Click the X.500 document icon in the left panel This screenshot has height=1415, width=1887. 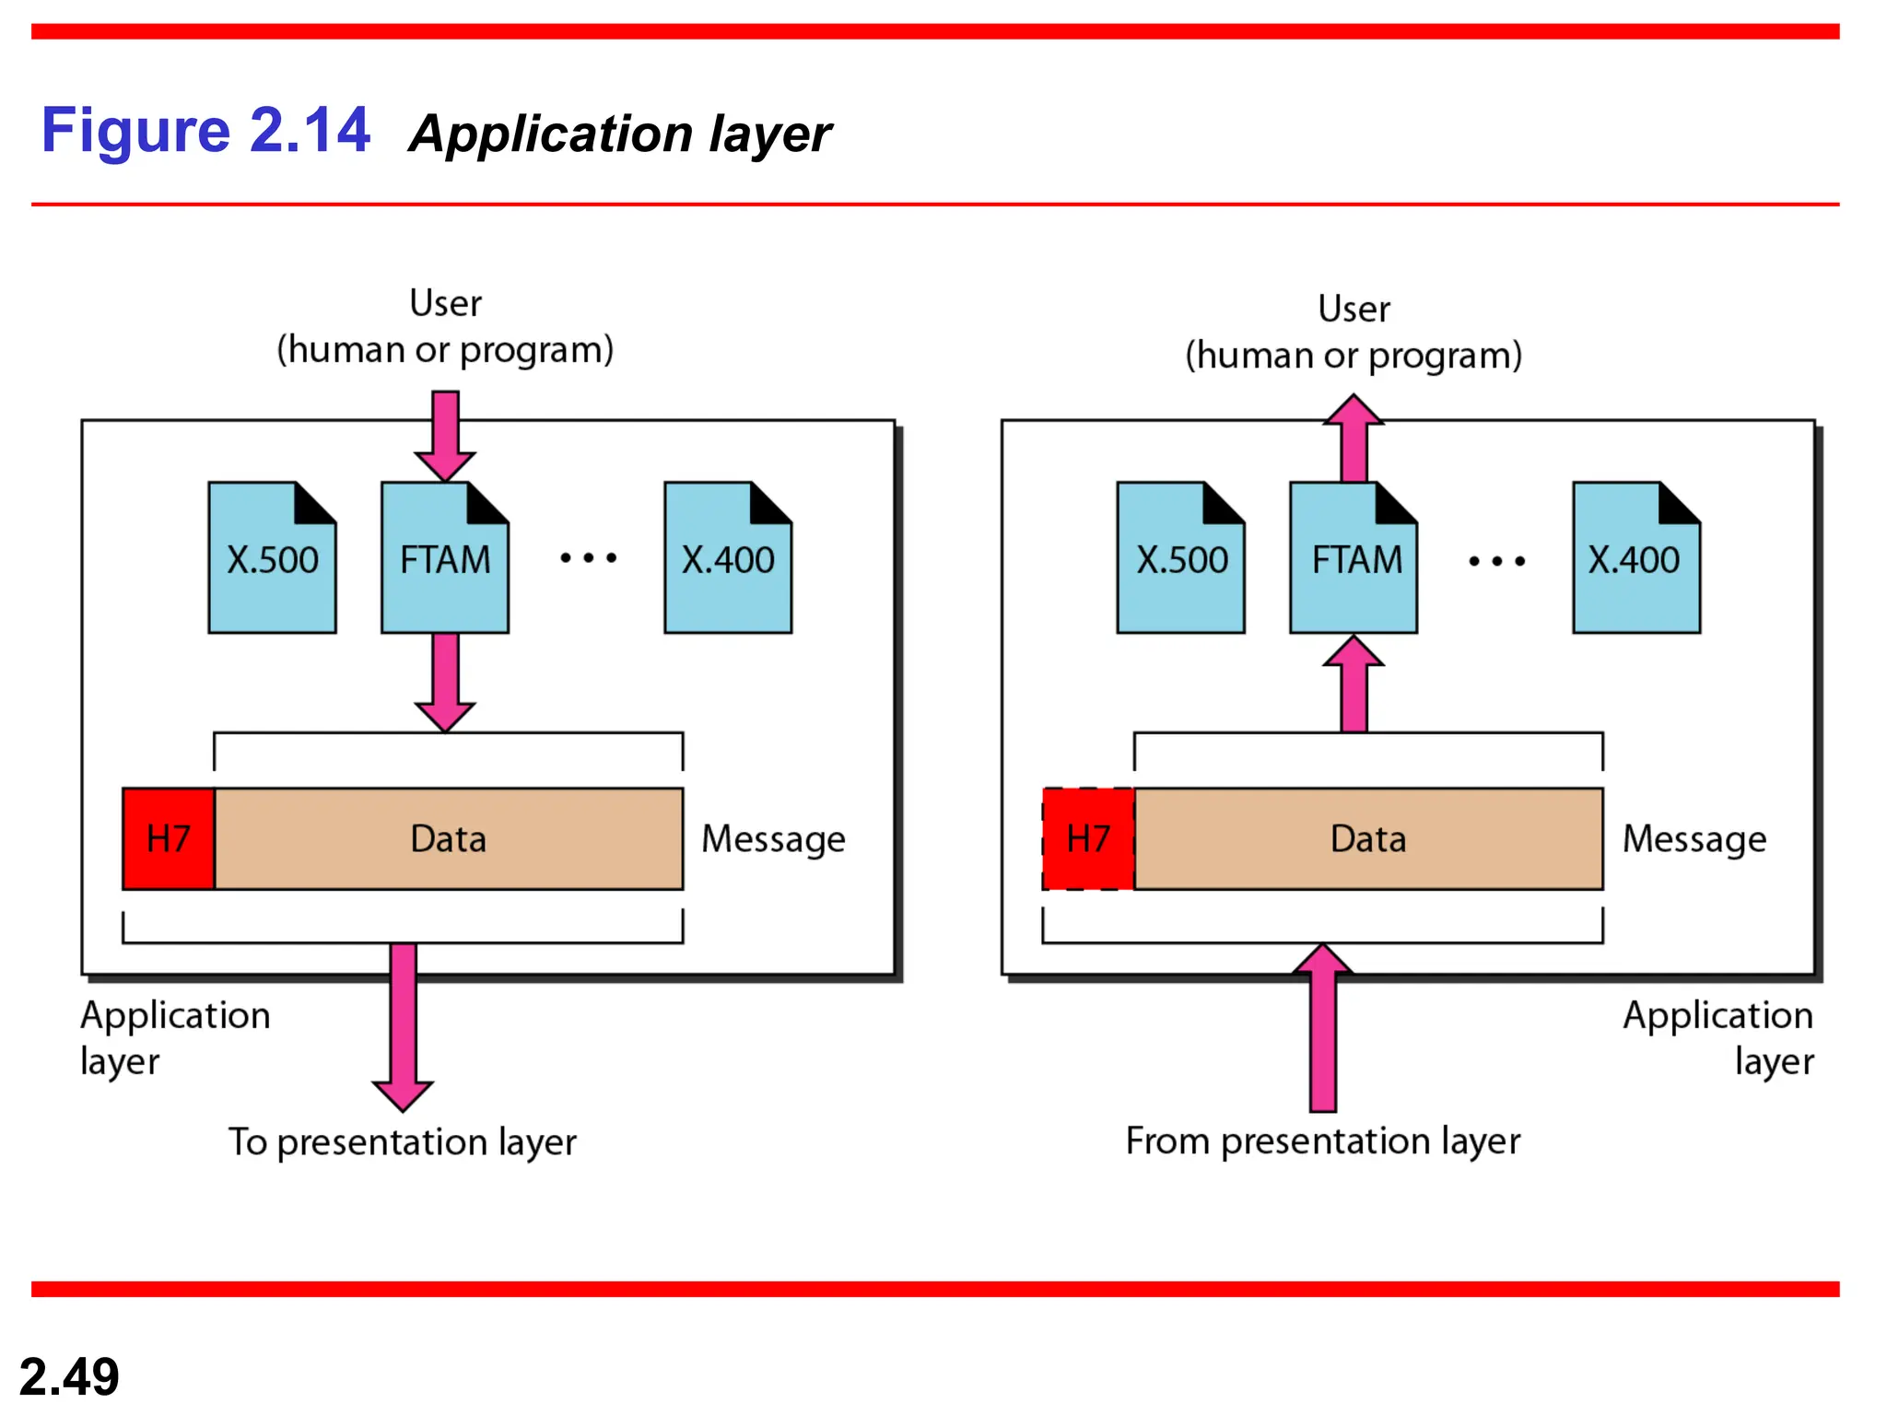click(x=272, y=558)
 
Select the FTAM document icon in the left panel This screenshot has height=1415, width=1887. click(x=445, y=558)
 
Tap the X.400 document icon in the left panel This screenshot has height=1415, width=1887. click(x=728, y=558)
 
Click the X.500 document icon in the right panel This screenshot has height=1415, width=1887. click(x=1180, y=558)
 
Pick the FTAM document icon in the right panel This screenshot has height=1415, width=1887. click(x=1354, y=558)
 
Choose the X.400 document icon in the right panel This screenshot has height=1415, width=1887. click(x=1636, y=558)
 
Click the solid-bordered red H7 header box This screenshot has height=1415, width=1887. click(x=169, y=838)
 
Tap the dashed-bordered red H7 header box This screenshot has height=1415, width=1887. click(x=1088, y=838)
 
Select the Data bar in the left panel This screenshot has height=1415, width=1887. click(x=449, y=838)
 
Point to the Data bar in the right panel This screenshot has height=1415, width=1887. click(x=1368, y=838)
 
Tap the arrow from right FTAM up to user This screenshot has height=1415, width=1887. click(x=1354, y=437)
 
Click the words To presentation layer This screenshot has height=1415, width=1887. click(x=403, y=1142)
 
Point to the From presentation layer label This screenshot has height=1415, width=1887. click(x=1323, y=1141)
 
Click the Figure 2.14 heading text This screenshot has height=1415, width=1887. click(x=205, y=130)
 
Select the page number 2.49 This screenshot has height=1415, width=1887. click(x=69, y=1376)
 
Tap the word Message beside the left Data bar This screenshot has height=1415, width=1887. click(x=773, y=839)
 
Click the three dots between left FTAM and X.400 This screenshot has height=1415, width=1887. click(x=589, y=557)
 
